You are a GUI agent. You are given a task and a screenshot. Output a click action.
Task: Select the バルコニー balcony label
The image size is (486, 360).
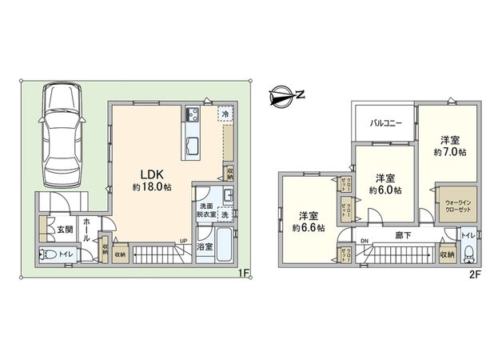click(384, 123)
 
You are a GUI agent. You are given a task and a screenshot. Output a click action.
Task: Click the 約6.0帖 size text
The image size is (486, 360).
click(385, 190)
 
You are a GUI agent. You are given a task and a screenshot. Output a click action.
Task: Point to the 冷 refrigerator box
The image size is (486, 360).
click(225, 114)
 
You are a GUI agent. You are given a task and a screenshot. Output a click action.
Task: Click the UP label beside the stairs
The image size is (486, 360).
click(183, 241)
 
